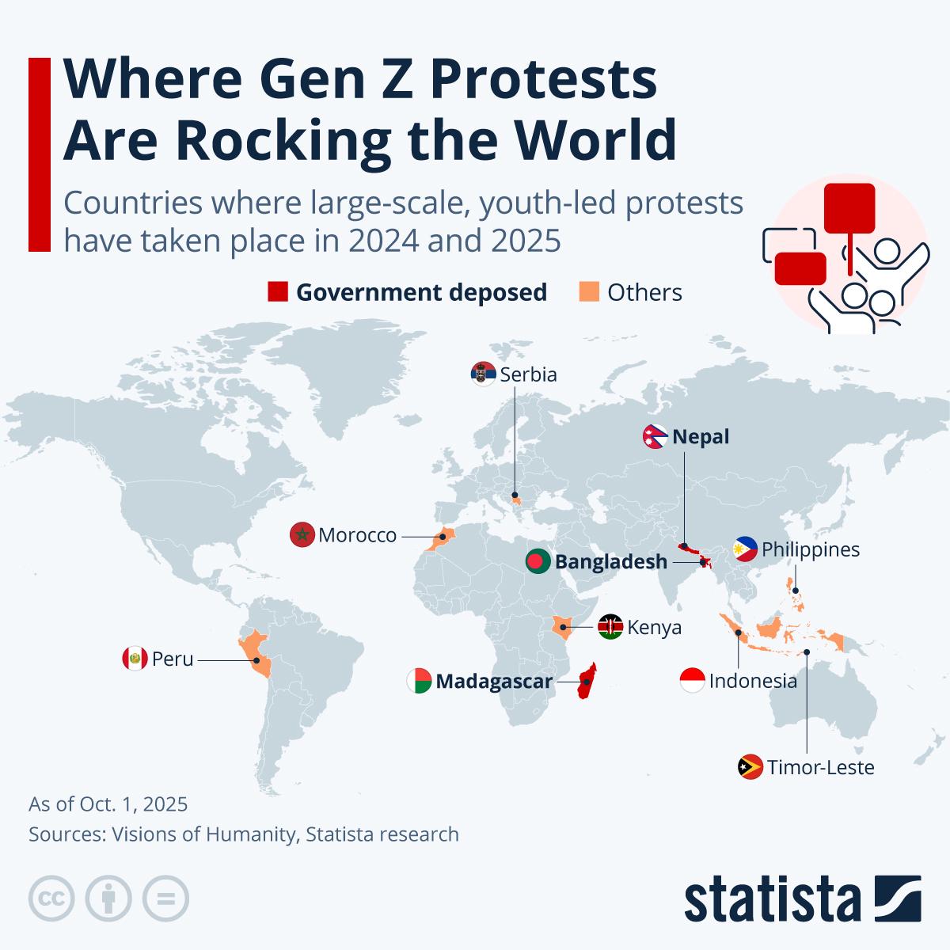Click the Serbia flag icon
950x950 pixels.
click(x=483, y=374)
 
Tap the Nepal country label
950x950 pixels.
click(x=701, y=437)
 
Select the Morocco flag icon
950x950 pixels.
click(x=303, y=536)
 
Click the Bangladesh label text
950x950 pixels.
click(x=610, y=562)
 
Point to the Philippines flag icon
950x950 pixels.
click(x=746, y=549)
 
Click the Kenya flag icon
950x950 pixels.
click(x=610, y=627)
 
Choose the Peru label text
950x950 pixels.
click(x=173, y=659)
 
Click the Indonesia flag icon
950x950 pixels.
click(x=692, y=681)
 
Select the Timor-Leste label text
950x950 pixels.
click(x=820, y=767)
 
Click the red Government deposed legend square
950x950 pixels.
click(x=278, y=292)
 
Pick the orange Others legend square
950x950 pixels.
click(x=589, y=292)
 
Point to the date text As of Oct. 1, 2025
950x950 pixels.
click(x=108, y=804)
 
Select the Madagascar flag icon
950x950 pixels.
click(x=420, y=681)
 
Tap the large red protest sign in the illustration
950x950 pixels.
click(x=849, y=208)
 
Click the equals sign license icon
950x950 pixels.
click(x=166, y=899)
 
